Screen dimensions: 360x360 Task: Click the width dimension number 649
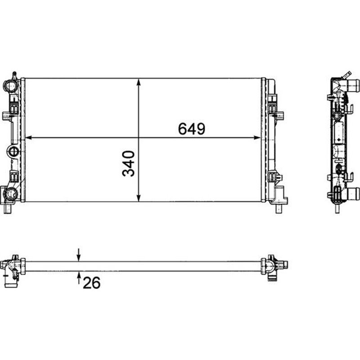(192, 129)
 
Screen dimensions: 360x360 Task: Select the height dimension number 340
(129, 164)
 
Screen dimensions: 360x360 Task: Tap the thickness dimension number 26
(91, 282)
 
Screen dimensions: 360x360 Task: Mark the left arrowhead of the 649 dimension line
(27, 137)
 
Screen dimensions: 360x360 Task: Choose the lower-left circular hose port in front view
(10, 194)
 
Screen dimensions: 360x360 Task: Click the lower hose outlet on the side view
(353, 194)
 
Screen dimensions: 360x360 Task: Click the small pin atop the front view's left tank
(14, 73)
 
